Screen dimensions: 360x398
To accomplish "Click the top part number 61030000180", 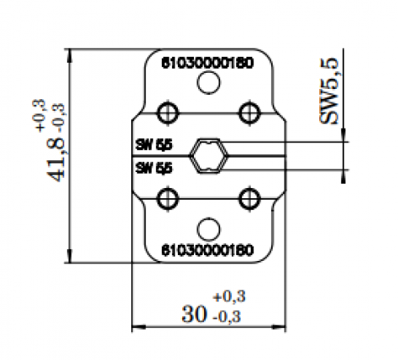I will pos(207,62).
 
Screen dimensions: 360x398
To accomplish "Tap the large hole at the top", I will pos(207,83).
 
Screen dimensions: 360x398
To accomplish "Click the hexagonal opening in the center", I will pos(208,156).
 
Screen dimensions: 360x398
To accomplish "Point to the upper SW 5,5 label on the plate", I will pos(153,144).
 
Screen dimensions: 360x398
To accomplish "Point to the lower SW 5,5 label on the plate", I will pos(153,168).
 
